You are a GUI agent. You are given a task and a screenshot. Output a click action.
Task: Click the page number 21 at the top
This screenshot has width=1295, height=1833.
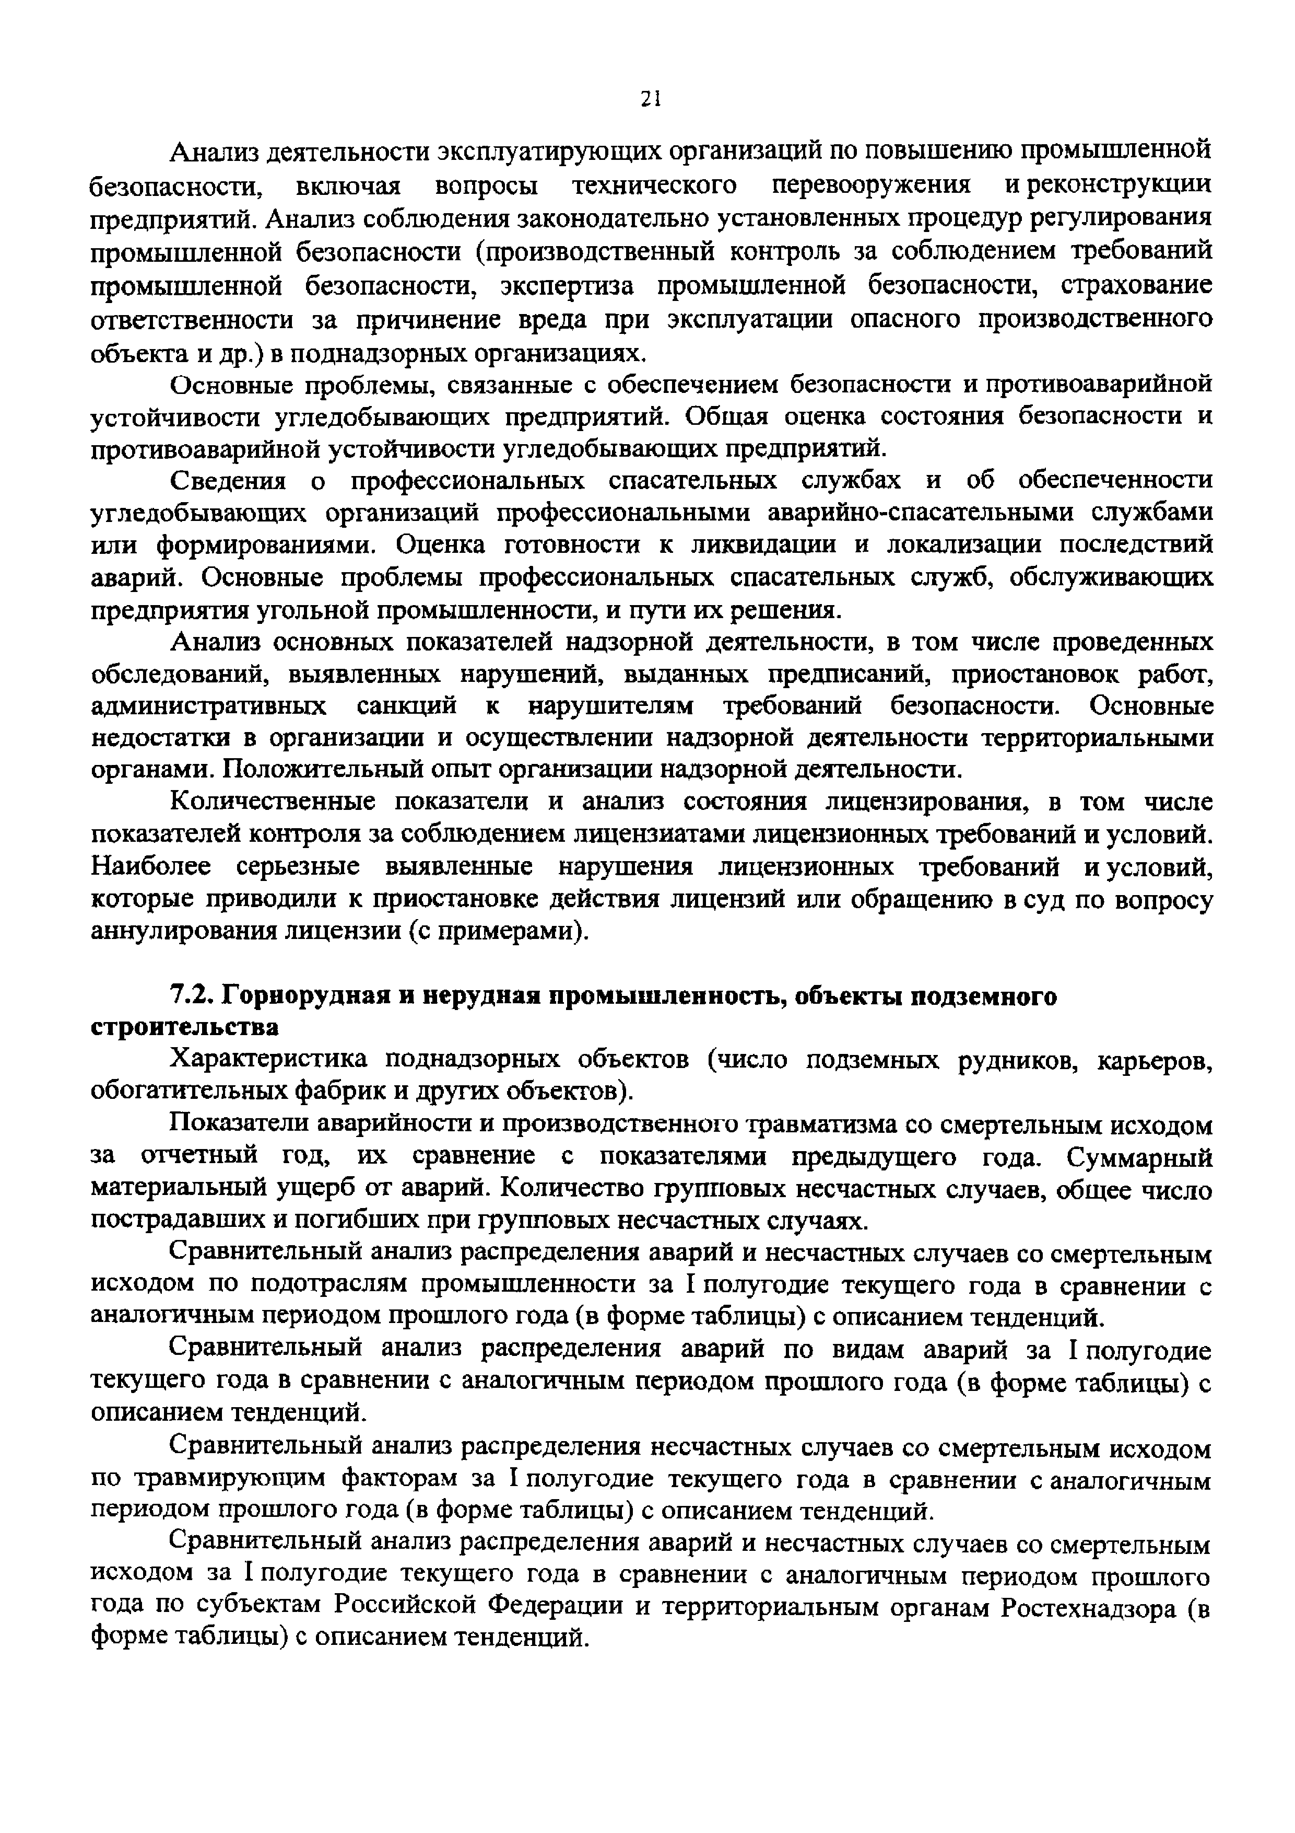coord(650,98)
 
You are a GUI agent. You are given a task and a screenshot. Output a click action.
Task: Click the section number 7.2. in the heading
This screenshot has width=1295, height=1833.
coord(192,996)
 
